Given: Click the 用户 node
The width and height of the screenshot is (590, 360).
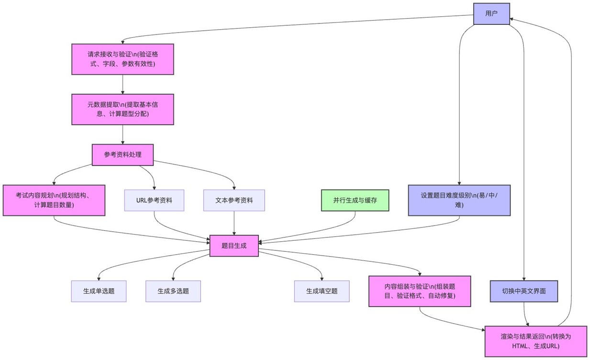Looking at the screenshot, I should (x=491, y=13).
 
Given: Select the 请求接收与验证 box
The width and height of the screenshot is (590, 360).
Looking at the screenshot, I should (x=122, y=59).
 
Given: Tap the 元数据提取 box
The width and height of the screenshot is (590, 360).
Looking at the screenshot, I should (x=122, y=109).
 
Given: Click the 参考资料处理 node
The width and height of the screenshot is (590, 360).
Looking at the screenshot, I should (x=122, y=155).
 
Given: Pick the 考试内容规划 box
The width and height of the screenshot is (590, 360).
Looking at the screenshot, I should (x=54, y=200).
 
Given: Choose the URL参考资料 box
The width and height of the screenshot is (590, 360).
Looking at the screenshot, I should (x=154, y=200).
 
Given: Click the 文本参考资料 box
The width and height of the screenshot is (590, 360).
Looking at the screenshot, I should (x=234, y=200).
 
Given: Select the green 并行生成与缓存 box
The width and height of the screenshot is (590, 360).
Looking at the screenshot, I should (x=355, y=200).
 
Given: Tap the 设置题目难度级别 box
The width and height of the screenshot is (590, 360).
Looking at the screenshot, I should (x=459, y=200).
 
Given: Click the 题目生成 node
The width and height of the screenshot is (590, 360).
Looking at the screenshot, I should (x=234, y=246).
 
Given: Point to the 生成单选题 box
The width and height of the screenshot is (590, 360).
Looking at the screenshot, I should (x=99, y=291).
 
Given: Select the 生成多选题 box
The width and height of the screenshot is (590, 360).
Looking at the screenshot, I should (x=173, y=291).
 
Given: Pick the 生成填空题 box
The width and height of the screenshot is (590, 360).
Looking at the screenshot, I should (x=322, y=291).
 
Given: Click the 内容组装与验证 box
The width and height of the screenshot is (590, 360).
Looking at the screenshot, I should (x=420, y=291).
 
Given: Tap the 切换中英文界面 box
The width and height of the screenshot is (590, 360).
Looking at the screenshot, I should (x=524, y=291).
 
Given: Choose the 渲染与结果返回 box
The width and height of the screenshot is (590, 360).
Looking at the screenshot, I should (x=535, y=341).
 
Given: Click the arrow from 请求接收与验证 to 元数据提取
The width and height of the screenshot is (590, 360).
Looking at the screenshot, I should (x=122, y=84).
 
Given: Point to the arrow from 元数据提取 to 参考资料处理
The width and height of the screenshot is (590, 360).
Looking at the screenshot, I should (x=122, y=135).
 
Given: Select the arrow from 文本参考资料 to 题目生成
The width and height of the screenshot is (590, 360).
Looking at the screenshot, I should (x=234, y=223).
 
